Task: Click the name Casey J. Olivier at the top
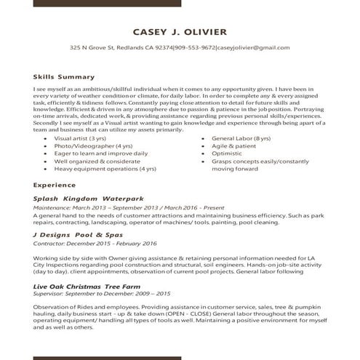[180, 31]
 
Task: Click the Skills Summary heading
[64, 76]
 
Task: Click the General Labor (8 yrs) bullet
[240, 137]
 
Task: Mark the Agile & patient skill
[232, 145]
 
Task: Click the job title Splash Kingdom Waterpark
[89, 198]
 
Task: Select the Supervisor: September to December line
[102, 294]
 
